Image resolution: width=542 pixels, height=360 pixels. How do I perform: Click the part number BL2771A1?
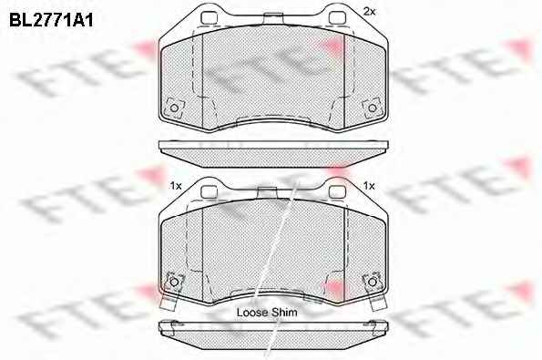pos(51,20)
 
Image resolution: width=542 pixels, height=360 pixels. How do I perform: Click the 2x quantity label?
pos(369,12)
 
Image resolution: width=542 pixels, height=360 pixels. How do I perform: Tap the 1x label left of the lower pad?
pos(176,186)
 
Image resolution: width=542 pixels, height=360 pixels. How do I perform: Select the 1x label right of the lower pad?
pos(369,186)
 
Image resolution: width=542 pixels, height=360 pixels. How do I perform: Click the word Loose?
pos(252,313)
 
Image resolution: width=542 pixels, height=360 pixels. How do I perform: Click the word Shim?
pos(284,313)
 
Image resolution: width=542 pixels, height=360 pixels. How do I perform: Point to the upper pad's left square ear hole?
pos(209,18)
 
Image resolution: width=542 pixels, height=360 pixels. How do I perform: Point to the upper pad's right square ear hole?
pos(337,18)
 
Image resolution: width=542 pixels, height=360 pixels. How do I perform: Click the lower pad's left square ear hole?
pos(209,192)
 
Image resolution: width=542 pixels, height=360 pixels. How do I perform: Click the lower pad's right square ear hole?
pos(337,192)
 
